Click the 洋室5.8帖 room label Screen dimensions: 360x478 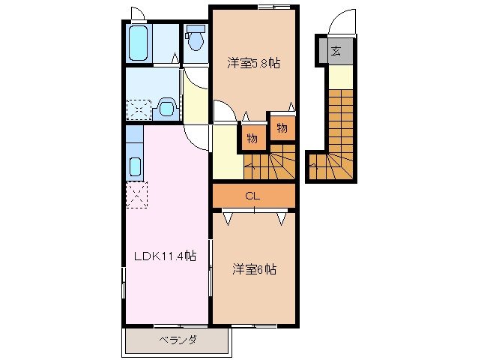point(254,64)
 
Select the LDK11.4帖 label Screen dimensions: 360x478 point(165,256)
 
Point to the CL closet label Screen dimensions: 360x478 point(253,196)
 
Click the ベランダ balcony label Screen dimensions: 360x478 point(178,340)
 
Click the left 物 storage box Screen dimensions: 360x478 point(252,137)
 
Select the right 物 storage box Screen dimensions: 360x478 point(282,128)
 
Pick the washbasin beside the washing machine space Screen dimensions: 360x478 point(166,109)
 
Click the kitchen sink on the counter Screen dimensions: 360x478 point(136,166)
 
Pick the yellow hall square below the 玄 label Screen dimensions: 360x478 point(339,76)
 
